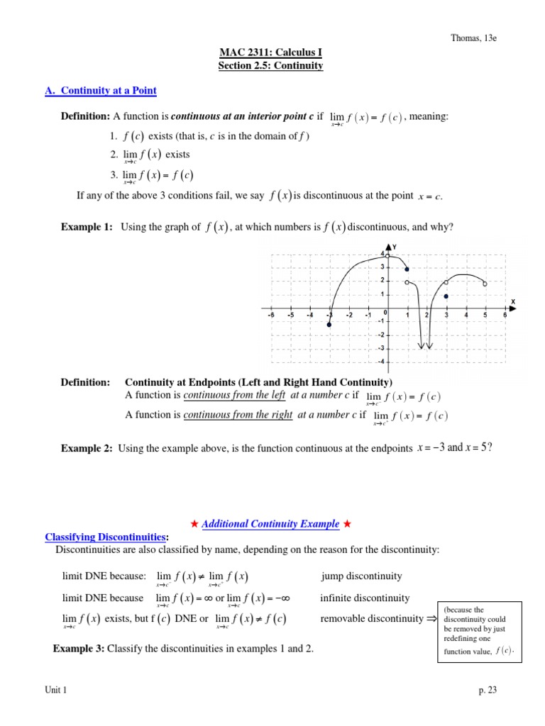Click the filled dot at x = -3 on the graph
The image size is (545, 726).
329,325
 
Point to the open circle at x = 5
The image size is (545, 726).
485,284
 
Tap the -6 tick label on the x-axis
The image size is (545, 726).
270,315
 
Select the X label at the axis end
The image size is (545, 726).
512,301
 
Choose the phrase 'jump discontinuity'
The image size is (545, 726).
361,576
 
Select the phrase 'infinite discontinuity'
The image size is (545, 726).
365,598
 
